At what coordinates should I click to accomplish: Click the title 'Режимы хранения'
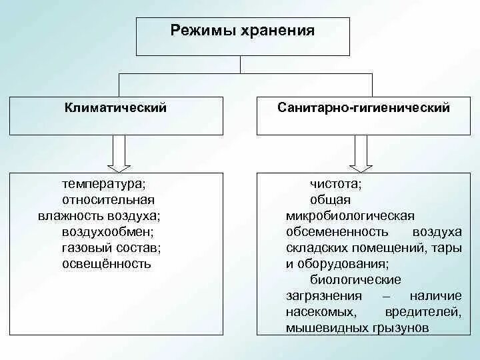click(242, 30)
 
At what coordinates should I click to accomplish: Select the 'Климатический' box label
click(115, 107)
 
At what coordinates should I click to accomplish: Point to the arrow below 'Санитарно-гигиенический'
click(361, 153)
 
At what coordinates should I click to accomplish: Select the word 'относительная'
click(107, 199)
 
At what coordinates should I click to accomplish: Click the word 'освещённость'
click(107, 263)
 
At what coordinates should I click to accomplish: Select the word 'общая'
click(330, 199)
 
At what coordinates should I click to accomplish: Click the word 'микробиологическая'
click(350, 215)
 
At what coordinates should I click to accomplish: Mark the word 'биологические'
click(355, 279)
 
